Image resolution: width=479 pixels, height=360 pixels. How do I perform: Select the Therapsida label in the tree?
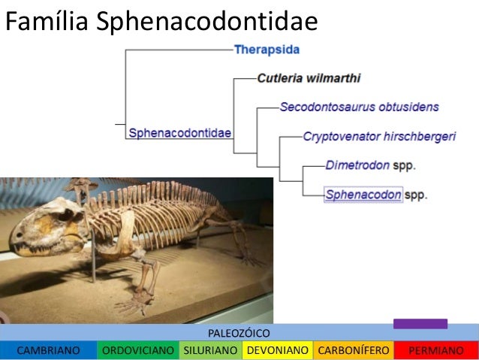tap(267, 50)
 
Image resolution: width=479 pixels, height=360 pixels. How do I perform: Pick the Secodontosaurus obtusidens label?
tap(359, 107)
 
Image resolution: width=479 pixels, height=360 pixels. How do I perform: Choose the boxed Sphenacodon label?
tap(363, 195)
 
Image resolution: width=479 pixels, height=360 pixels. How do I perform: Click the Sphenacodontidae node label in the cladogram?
tap(179, 133)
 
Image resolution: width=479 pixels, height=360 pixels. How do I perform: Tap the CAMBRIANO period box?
tap(48, 350)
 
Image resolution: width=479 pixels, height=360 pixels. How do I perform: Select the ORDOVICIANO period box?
tap(138, 350)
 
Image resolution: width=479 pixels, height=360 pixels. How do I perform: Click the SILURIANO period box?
tap(210, 350)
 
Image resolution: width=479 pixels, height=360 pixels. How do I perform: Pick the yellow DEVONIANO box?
tap(277, 350)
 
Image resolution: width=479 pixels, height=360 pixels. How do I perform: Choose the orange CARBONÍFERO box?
tap(353, 350)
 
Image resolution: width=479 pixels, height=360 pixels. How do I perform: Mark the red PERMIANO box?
tap(435, 350)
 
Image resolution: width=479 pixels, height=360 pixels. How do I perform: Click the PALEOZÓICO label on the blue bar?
tap(238, 332)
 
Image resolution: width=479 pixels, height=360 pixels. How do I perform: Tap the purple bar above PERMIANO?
tap(420, 324)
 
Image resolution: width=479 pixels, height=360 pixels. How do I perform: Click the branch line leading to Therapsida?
tap(180, 50)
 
